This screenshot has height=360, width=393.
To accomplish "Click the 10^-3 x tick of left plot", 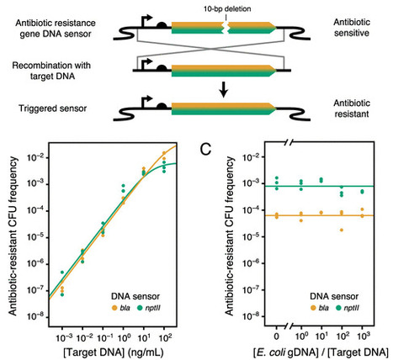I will pyautogui.click(x=61, y=332).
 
